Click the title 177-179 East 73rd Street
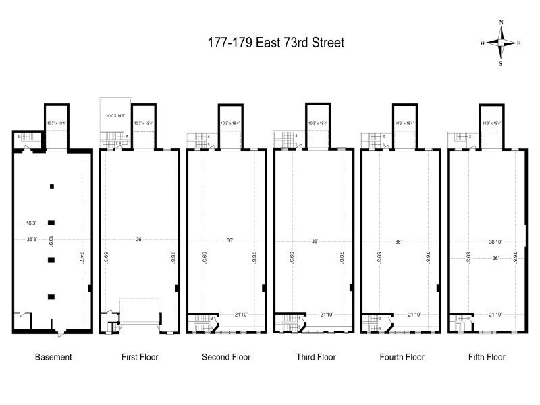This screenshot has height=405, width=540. [x=275, y=43]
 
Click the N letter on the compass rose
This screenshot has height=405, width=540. [x=501, y=23]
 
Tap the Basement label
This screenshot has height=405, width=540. [x=53, y=357]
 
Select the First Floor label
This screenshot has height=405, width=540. [x=140, y=357]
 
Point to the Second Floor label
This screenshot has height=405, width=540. [x=226, y=357]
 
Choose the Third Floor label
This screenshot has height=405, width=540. [x=314, y=357]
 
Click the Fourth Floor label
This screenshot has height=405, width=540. [x=400, y=357]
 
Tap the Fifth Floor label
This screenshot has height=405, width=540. [x=487, y=357]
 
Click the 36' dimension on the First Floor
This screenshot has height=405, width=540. [x=140, y=239]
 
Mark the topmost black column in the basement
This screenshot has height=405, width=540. [x=51, y=186]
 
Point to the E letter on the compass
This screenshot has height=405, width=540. [x=518, y=43]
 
